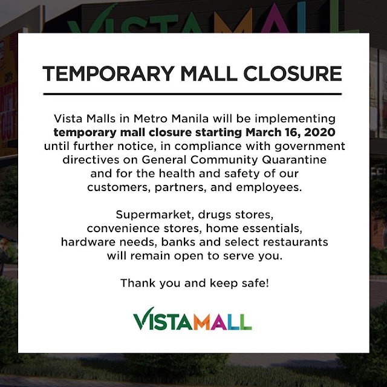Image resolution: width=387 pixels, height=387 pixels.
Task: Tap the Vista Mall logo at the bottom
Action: [x=192, y=319]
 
